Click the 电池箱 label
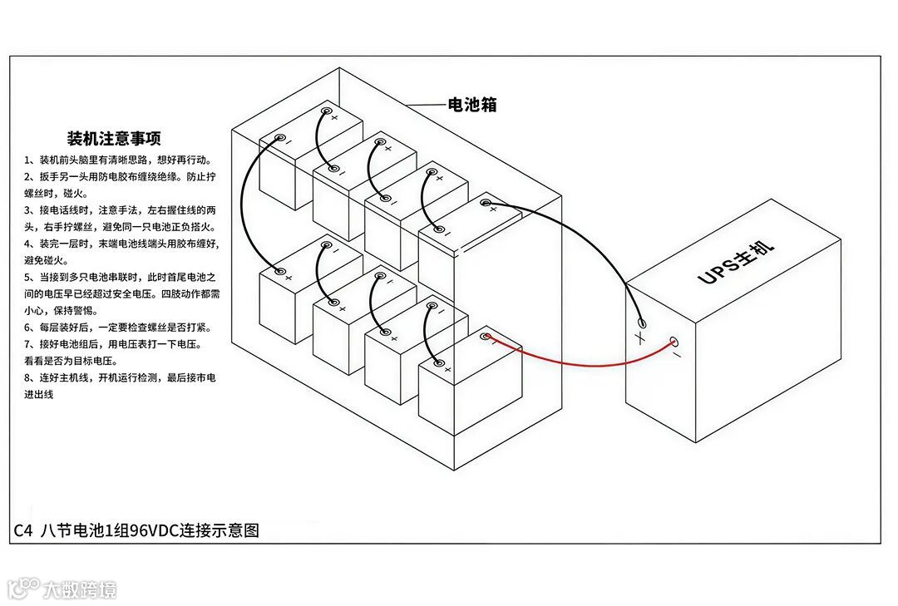pyautogui.click(x=472, y=105)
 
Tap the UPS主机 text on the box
pyautogui.click(x=736, y=262)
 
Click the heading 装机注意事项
pyautogui.click(x=114, y=138)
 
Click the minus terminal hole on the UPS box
pyautogui.click(x=674, y=341)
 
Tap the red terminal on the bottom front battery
pyautogui.click(x=488, y=337)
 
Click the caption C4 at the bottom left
pyautogui.click(x=23, y=530)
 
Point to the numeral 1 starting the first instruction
pyautogui.click(x=28, y=160)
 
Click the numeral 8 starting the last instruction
pyautogui.click(x=28, y=377)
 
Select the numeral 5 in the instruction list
pyautogui.click(x=28, y=276)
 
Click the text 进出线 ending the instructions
pyautogui.click(x=38, y=394)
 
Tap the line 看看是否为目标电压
pyautogui.click(x=71, y=362)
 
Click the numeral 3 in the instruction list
pyautogui.click(x=28, y=209)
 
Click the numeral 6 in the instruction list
pyautogui.click(x=28, y=327)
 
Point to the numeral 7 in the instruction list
pyautogui.click(x=28, y=343)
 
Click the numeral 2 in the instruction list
pyautogui.click(x=28, y=176)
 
